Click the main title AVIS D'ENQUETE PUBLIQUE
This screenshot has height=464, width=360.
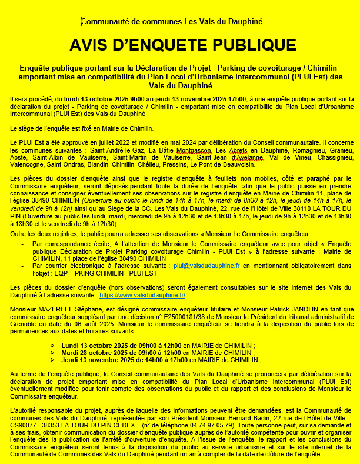coord(182,45)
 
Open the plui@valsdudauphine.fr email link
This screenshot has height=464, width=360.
coord(206,266)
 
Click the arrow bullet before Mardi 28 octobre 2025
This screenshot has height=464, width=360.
coord(53,352)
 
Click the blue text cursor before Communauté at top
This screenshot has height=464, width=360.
coord(81,21)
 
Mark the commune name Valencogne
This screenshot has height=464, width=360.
coord(27,165)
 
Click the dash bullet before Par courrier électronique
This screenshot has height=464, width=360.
coord(22,266)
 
